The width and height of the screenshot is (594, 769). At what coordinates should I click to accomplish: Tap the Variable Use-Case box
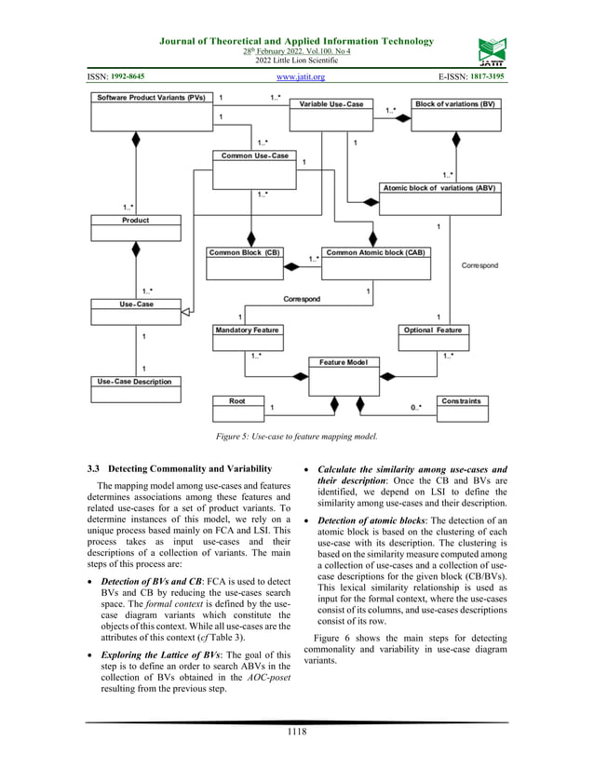(331, 104)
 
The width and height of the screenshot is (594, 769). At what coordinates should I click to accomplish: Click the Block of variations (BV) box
(455, 104)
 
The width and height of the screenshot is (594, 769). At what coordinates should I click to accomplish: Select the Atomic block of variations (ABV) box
(440, 188)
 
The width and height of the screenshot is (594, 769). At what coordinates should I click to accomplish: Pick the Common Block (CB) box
(244, 252)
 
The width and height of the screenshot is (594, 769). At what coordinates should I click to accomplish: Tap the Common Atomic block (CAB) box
(375, 252)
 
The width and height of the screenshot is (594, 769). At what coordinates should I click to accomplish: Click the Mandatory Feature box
(247, 331)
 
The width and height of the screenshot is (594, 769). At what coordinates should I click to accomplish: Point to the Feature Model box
(343, 362)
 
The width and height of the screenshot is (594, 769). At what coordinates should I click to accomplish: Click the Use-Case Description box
(135, 382)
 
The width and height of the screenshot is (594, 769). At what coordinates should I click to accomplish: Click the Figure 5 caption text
(297, 435)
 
